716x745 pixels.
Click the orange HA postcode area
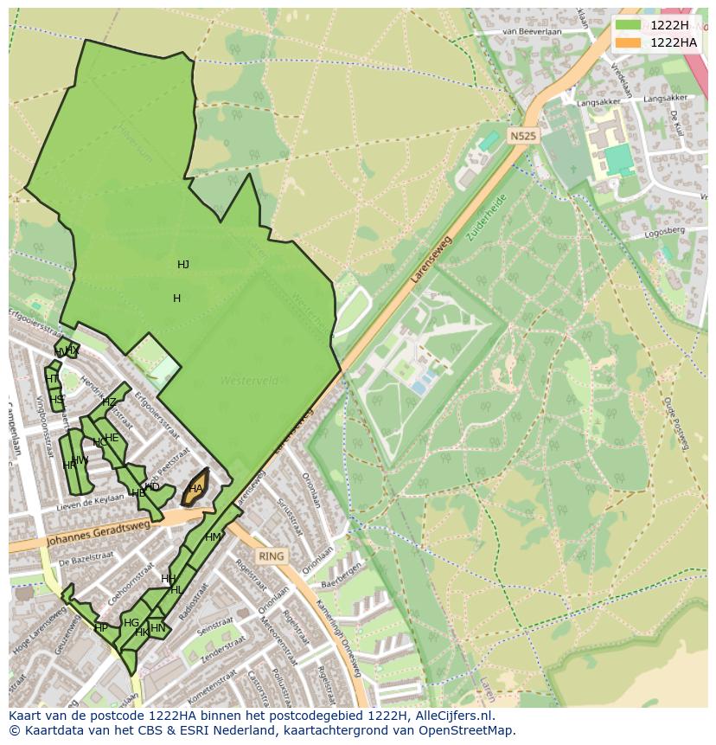(196, 489)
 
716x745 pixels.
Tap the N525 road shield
(522, 136)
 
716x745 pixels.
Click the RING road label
(271, 556)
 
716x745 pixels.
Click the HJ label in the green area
(183, 265)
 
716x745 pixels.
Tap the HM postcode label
(213, 537)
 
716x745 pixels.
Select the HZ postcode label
(109, 402)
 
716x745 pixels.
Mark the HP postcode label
(101, 628)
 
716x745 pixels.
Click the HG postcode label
(131, 623)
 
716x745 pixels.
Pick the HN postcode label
(157, 628)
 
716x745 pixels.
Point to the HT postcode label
(51, 379)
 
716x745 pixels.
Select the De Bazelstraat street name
(87, 561)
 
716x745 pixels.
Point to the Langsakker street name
(598, 101)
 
